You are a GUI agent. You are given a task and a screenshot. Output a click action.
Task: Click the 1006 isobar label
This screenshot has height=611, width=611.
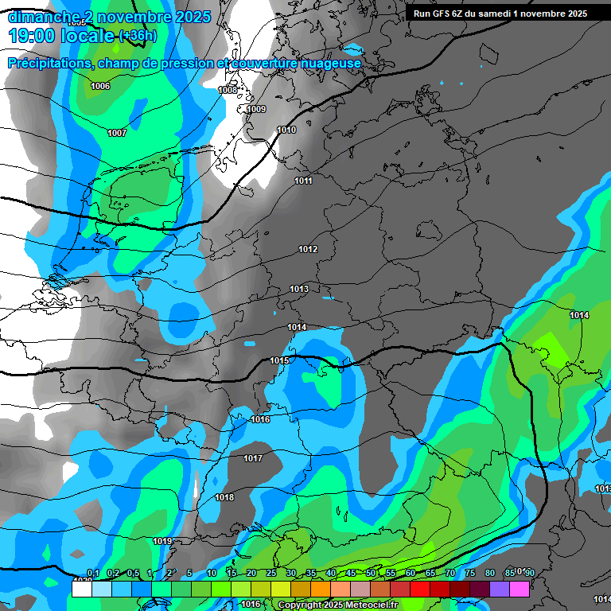(100, 86)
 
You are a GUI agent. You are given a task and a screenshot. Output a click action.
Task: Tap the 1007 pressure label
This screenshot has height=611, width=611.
(117, 133)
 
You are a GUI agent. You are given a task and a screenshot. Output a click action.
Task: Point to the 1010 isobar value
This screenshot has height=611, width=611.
(286, 130)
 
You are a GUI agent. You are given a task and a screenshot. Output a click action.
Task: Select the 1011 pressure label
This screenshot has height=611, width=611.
(303, 181)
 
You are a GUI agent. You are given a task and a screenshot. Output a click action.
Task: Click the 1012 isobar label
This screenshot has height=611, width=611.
(308, 249)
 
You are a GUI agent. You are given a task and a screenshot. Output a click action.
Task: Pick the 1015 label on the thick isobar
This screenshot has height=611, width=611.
(279, 360)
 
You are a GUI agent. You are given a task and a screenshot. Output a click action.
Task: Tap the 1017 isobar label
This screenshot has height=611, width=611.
(253, 458)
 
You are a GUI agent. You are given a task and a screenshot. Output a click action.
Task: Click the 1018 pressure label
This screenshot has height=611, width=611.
(224, 497)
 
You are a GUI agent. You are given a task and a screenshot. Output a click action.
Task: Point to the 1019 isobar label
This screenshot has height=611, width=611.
(162, 541)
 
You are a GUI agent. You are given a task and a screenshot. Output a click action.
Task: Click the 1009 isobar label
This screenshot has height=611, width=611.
(256, 109)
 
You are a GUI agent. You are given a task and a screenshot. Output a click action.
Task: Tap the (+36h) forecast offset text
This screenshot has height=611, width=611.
(138, 36)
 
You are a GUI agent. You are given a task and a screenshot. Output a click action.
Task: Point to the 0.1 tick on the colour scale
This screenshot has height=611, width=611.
(92, 573)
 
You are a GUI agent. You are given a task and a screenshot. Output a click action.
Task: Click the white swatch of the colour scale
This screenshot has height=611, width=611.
(82, 589)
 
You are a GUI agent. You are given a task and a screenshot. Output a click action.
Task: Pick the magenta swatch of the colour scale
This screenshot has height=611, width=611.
(520, 589)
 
